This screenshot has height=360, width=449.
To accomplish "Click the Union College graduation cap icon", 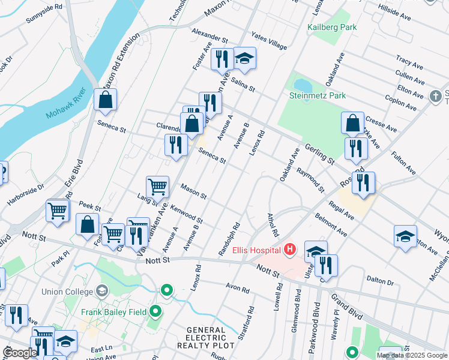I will (x=101, y=292).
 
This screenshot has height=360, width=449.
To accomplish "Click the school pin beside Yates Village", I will (x=244, y=58).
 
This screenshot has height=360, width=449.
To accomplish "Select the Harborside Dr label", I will (x=25, y=195).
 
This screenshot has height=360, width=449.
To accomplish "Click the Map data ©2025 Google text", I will (x=412, y=355).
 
